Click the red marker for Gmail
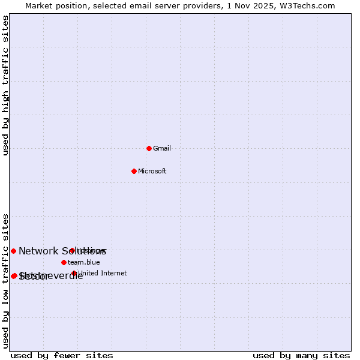(x=149, y=148)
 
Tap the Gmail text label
(x=162, y=148)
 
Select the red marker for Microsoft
(x=134, y=171)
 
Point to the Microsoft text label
(x=152, y=171)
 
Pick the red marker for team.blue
(x=64, y=262)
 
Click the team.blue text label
(x=84, y=262)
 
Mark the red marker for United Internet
(x=74, y=273)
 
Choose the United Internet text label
(x=103, y=273)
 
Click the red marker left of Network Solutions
(x=13, y=251)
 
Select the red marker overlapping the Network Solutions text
(x=72, y=250)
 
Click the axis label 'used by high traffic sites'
(x=5, y=86)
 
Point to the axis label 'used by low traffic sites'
(x=5, y=280)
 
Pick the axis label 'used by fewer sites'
(x=62, y=355)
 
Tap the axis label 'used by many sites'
(x=301, y=355)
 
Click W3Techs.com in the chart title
(x=306, y=5)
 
